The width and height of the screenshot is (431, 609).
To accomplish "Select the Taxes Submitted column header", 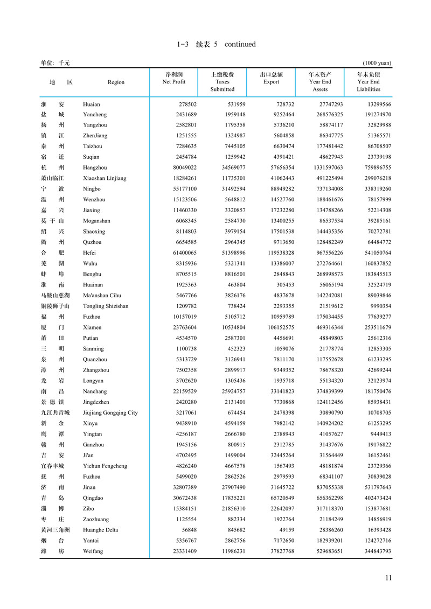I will [222, 82].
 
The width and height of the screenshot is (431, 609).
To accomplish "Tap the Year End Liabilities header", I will [369, 82].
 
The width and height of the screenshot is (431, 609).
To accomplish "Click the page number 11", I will [388, 578].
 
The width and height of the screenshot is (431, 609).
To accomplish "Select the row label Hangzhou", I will [95, 168].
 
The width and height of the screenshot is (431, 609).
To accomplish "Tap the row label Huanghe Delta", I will [101, 530].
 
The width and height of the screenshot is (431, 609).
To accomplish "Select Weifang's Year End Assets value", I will [323, 551].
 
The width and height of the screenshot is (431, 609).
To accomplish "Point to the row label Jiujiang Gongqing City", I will [110, 413].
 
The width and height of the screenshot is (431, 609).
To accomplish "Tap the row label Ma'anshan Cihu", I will [102, 296].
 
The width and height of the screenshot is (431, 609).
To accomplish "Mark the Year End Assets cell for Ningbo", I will [323, 189].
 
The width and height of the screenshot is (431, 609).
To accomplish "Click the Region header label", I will [116, 82].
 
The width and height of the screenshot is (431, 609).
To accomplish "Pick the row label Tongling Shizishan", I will [106, 306].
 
